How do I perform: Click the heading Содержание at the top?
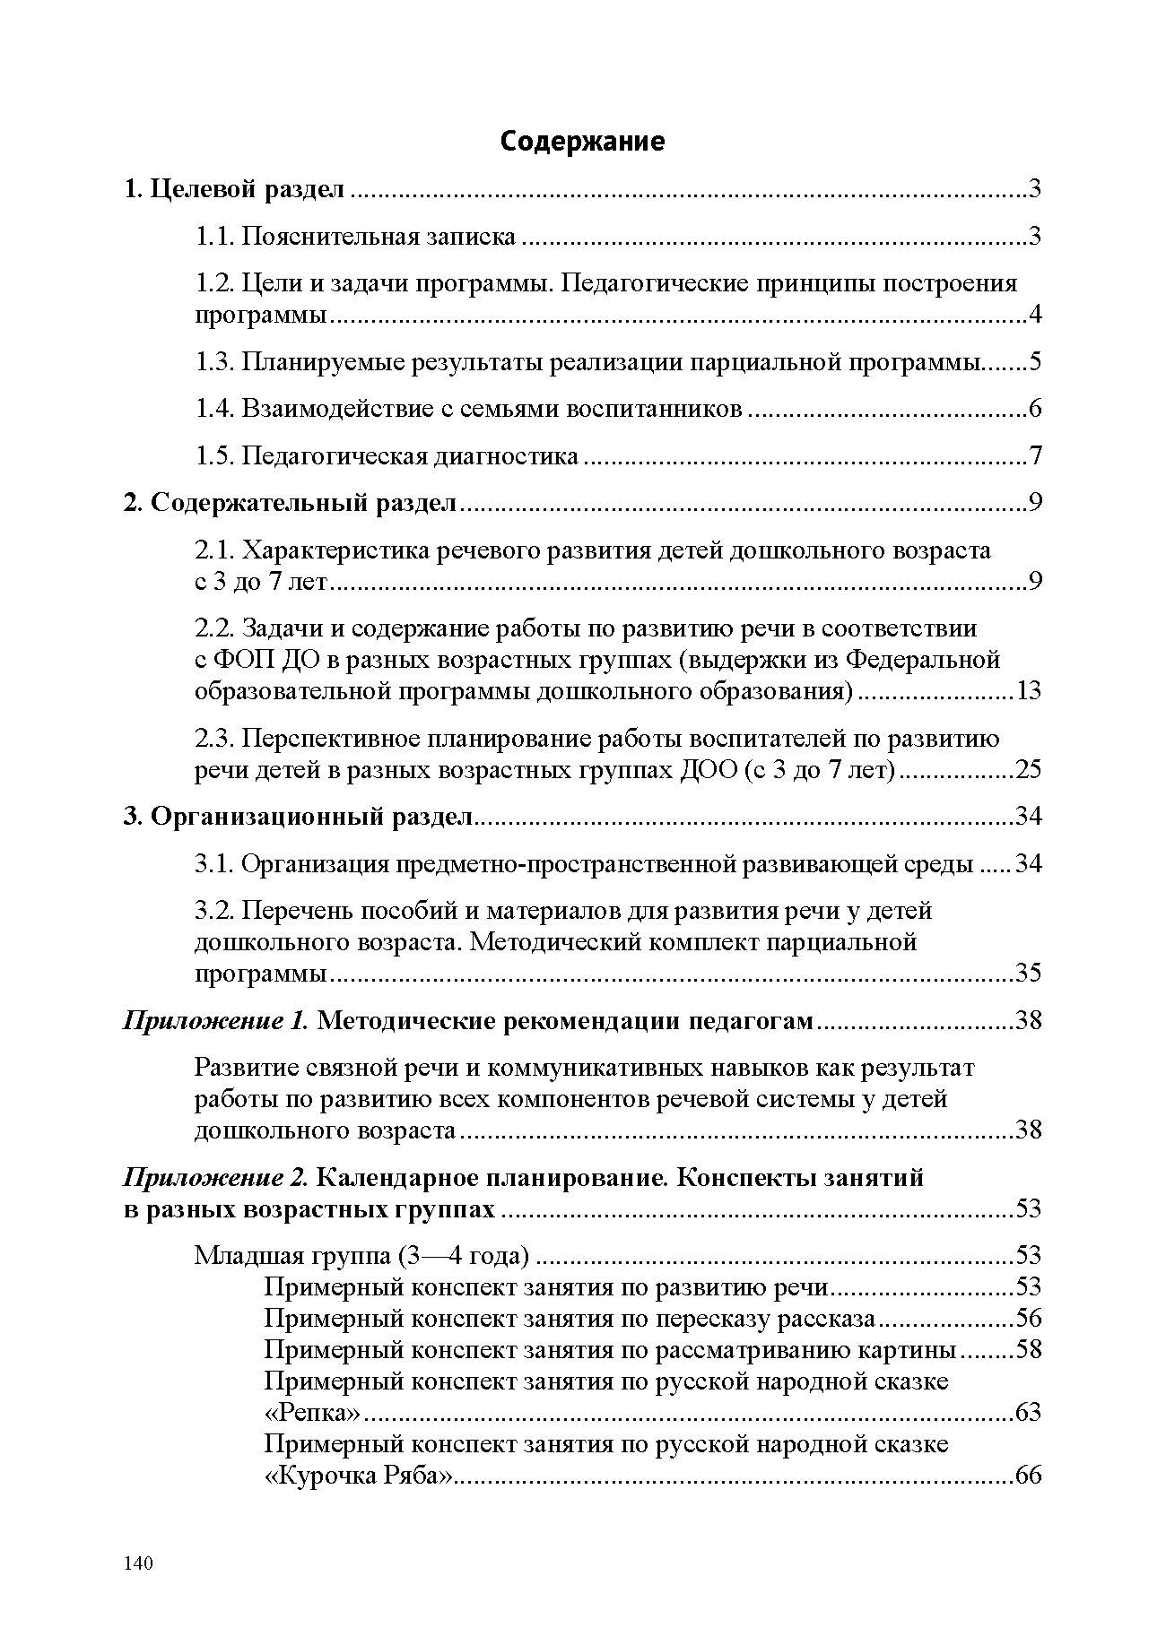[x=582, y=142]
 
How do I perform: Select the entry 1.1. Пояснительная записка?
[x=356, y=237]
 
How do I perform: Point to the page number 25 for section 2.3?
[x=1027, y=770]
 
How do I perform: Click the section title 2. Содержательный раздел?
[x=290, y=503]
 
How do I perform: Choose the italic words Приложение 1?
[x=215, y=1020]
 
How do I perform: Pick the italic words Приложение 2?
[x=215, y=1177]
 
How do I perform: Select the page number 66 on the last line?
[x=1028, y=1476]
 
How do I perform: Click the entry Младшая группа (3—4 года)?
[x=361, y=1256]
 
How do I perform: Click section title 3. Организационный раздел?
[x=297, y=817]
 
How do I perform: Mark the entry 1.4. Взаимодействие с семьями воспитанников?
[x=469, y=409]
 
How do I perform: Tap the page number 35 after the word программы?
[x=1027, y=974]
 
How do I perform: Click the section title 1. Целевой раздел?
[x=233, y=189]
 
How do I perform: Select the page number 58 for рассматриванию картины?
[x=1028, y=1350]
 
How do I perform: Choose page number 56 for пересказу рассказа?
[x=1028, y=1319]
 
